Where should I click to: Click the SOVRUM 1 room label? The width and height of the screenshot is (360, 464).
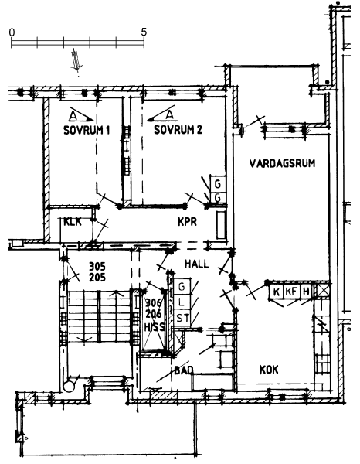tap(87, 130)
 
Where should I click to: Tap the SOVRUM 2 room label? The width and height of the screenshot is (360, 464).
tap(178, 130)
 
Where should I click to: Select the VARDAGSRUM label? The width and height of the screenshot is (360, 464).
tap(282, 163)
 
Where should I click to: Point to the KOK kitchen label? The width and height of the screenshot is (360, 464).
tap(269, 370)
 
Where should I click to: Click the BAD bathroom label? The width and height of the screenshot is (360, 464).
tap(184, 370)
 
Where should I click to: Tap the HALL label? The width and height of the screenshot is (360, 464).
tap(196, 264)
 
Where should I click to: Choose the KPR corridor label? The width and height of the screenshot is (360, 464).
tap(188, 222)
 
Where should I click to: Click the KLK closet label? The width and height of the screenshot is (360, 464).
tap(73, 222)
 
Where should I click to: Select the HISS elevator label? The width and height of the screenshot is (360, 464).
tap(154, 327)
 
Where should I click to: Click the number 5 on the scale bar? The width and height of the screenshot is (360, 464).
tap(144, 32)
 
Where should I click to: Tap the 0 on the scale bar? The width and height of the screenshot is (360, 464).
tap(12, 32)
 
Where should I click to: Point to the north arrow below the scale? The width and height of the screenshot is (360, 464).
tap(76, 61)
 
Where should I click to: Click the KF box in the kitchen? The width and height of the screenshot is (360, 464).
tap(291, 292)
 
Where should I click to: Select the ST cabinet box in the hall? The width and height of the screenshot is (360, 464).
tap(182, 319)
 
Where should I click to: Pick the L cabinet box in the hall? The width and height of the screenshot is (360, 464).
tap(182, 302)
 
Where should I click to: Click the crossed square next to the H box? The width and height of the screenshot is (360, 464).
tap(323, 291)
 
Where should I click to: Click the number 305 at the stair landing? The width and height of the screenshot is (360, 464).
tap(97, 267)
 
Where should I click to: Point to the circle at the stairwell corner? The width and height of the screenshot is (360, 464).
tap(70, 386)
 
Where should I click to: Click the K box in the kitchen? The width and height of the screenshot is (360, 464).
tap(277, 292)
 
